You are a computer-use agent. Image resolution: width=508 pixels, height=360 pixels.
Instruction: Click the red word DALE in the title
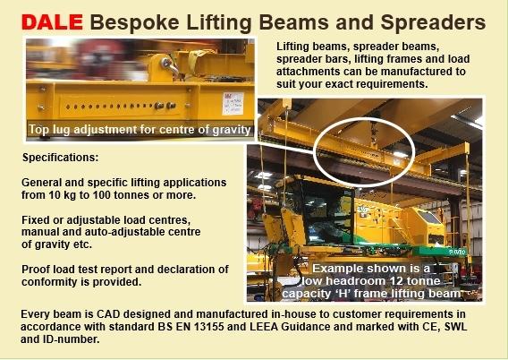pyautogui.click(x=52, y=22)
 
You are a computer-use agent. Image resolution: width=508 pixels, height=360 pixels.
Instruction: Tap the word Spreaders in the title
pyautogui.click(x=433, y=22)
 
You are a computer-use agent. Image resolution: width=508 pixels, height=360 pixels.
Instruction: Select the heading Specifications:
pyautogui.click(x=60, y=158)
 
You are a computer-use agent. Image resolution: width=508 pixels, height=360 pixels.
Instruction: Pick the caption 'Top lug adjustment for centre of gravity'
pyautogui.click(x=140, y=130)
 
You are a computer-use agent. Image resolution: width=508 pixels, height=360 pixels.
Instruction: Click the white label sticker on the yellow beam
pyautogui.click(x=233, y=104)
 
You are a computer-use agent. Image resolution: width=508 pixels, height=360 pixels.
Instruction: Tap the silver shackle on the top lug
pyautogui.click(x=171, y=65)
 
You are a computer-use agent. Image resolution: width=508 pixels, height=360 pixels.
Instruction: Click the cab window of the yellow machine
pyautogui.click(x=324, y=210)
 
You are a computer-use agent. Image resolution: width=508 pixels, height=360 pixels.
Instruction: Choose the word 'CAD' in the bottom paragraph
pyautogui.click(x=108, y=314)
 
